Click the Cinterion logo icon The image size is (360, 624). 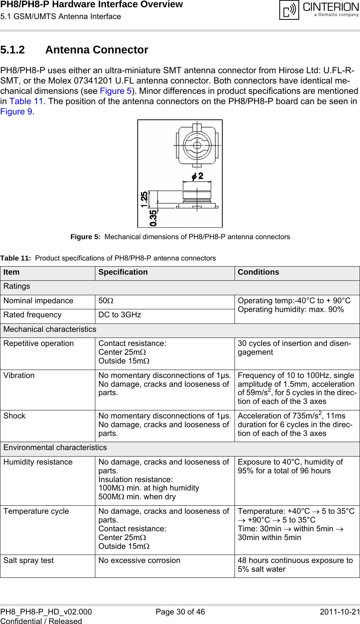[289, 10]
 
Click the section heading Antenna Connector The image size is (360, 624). [96, 50]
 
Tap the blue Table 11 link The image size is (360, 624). [26, 101]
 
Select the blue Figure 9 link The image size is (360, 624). [16, 112]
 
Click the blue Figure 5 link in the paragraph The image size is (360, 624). [116, 91]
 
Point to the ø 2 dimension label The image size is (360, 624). [198, 176]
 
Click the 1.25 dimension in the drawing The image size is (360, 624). [145, 199]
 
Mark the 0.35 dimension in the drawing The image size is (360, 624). [153, 218]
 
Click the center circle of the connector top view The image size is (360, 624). [197, 145]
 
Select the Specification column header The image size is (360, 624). [123, 272]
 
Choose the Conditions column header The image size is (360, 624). [258, 272]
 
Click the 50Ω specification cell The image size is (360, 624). [106, 301]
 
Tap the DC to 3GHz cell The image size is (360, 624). [120, 315]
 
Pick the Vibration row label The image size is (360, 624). [19, 376]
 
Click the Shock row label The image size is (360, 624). [14, 416]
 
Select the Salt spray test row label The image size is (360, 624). [29, 561]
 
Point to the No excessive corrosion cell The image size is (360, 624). [139, 561]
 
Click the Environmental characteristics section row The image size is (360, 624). [55, 448]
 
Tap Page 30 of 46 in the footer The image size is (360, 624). [180, 612]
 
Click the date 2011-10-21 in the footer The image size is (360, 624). [339, 612]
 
